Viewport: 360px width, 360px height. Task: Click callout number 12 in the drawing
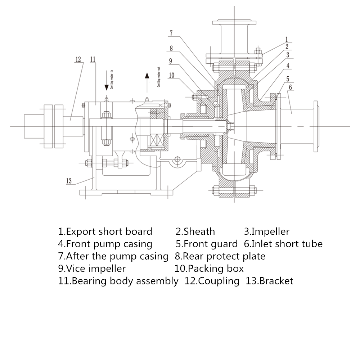click(x=78, y=59)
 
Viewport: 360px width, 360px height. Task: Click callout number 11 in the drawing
click(x=93, y=59)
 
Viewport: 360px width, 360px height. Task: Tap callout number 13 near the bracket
click(x=69, y=181)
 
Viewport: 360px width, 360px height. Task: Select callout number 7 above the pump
click(x=171, y=33)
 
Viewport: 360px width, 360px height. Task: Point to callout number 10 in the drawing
click(x=171, y=75)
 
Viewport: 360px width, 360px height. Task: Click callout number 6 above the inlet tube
click(x=290, y=87)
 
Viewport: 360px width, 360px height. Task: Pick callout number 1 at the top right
click(x=287, y=39)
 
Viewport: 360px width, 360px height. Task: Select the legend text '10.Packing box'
click(x=209, y=268)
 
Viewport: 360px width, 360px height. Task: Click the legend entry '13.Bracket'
click(x=270, y=281)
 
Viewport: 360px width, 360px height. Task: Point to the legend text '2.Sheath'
click(x=195, y=231)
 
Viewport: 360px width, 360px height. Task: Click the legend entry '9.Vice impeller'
click(x=92, y=268)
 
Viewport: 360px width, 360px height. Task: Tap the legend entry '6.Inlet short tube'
click(x=283, y=244)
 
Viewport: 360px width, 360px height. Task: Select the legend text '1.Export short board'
click(x=105, y=231)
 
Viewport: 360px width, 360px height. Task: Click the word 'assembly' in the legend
click(x=157, y=281)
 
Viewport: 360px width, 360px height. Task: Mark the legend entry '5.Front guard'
click(x=207, y=244)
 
